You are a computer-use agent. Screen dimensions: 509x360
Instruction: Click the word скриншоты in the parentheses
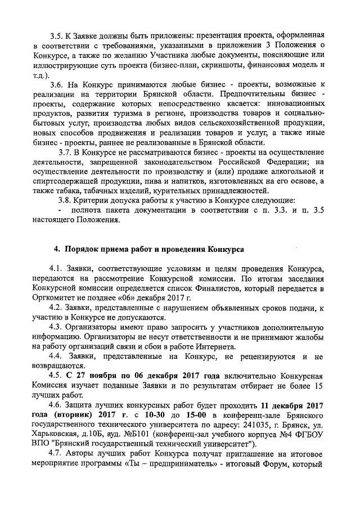227,65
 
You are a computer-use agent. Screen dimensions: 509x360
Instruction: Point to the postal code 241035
260,426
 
